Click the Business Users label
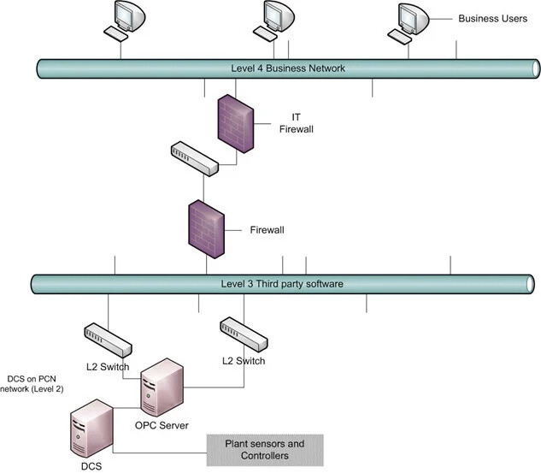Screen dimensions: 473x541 (492, 18)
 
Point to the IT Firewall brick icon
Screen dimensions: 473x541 (235, 121)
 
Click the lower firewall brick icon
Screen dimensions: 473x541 (206, 228)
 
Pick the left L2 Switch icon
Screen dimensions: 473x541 (109, 340)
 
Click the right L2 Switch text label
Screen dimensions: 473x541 (244, 361)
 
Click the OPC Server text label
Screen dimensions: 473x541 (162, 425)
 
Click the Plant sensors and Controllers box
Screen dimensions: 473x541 (265, 450)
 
